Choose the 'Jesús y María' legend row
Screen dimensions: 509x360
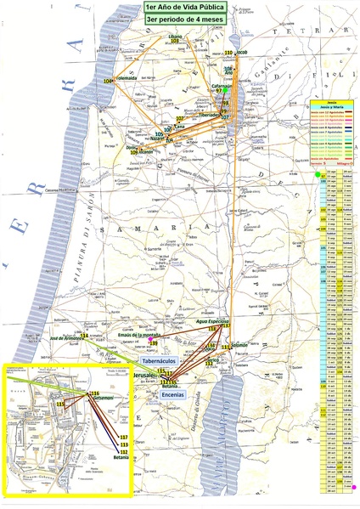pos(332,104)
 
